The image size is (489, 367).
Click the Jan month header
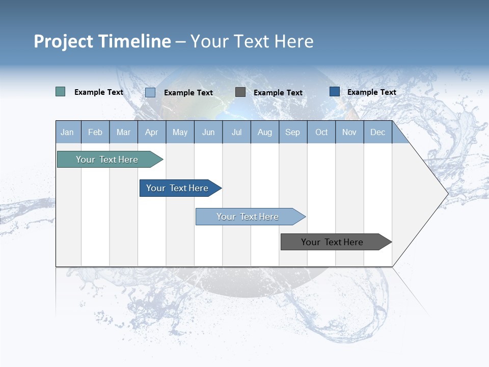pos(67,132)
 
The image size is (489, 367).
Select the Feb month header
pos(95,132)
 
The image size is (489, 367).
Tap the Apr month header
pos(151,132)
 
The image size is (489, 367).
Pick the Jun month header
pos(208,132)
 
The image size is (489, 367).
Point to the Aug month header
pos(264,132)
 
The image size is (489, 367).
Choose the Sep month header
pos(292,132)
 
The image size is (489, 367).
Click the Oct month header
pos(321,132)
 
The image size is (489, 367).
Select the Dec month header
pos(377,132)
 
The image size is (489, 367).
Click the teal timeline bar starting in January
pos(107,160)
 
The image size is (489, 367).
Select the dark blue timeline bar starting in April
pos(177,188)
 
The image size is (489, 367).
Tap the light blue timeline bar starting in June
pos(248,217)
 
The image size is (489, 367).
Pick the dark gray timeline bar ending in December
pos(332,242)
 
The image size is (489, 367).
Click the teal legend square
pos(60,92)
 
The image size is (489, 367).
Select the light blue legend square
pos(150,92)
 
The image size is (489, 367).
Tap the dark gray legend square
pos(240,92)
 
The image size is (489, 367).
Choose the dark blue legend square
pos(335,92)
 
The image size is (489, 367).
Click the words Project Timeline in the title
pos(102,41)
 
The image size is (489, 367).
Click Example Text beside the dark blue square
pos(371,92)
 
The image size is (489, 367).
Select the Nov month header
pos(349,132)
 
